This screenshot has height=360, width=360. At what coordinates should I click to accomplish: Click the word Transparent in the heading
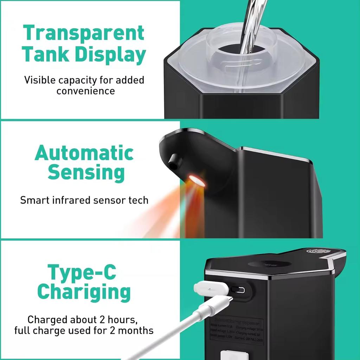84,33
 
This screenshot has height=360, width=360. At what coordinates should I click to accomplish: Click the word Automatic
84,153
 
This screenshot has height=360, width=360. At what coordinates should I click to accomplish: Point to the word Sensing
86,173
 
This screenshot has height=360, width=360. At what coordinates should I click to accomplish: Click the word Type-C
82,272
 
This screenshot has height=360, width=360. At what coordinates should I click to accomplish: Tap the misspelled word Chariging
84,292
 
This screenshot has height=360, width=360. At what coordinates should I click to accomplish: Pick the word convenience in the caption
86,91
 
